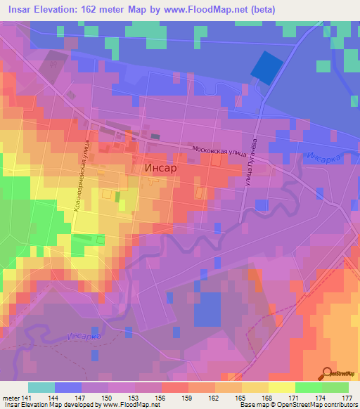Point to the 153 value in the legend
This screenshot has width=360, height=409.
135,398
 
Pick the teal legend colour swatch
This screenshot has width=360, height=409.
41,387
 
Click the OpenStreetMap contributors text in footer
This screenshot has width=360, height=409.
309,405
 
